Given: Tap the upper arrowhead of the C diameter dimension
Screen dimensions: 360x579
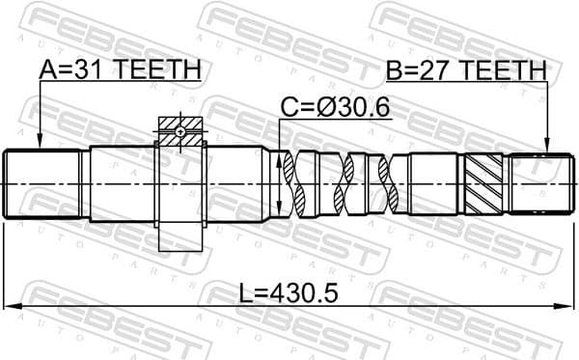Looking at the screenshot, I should (280, 155).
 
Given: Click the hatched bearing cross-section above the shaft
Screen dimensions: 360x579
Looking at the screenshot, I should (181, 133).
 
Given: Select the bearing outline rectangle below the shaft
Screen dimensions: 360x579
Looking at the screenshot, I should (180, 236).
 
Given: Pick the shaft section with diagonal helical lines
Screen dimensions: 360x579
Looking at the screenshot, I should (482, 183).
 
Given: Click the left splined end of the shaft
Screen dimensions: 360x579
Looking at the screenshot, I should (44, 183).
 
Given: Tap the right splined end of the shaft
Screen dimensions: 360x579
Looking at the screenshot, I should (537, 183).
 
